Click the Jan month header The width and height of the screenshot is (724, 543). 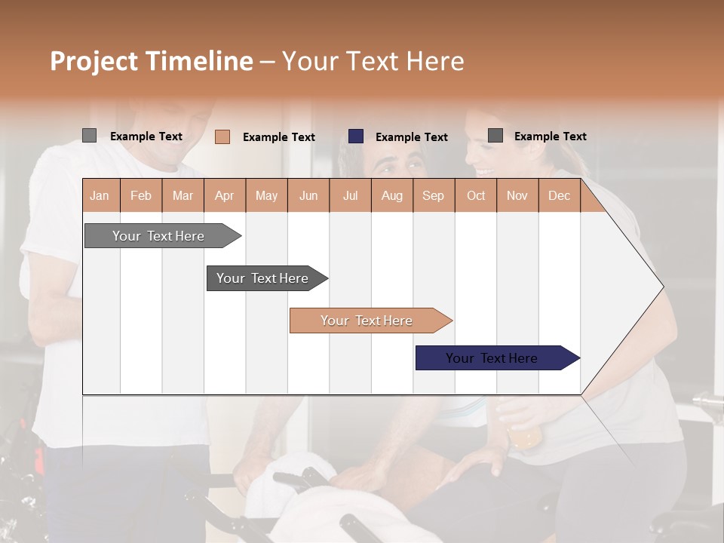click(x=100, y=195)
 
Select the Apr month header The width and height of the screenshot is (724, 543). click(x=224, y=195)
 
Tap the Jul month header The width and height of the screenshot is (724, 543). click(x=350, y=195)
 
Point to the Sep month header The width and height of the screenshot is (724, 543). click(x=433, y=195)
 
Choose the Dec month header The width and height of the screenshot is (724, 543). click(x=559, y=195)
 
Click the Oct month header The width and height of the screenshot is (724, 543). click(x=476, y=195)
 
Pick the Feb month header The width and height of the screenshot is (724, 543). click(x=141, y=195)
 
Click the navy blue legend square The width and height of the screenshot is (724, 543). click(x=356, y=137)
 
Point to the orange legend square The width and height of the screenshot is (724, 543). click(x=222, y=137)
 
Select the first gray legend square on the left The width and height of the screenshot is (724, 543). click(x=90, y=136)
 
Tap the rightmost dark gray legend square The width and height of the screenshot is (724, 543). click(x=495, y=136)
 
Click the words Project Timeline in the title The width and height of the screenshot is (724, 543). click(x=152, y=61)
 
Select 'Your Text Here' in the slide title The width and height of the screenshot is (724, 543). click(x=373, y=61)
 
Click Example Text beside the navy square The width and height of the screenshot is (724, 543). click(x=412, y=137)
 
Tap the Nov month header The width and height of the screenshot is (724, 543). click(x=517, y=195)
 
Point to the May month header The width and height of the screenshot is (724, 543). click(x=266, y=195)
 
